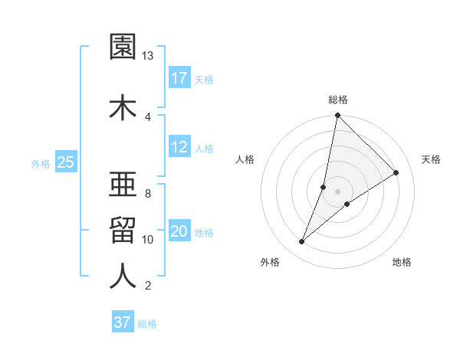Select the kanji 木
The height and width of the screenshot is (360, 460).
point(123,107)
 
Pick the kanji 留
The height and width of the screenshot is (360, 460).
point(123,230)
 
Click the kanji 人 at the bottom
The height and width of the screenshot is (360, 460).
point(123,277)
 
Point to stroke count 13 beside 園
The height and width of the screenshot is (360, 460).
point(148,56)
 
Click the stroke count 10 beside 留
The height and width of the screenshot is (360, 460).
point(148,240)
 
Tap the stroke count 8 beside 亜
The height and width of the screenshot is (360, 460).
point(148,193)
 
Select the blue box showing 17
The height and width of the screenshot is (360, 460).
point(179,78)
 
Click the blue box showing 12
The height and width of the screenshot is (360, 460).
point(179,148)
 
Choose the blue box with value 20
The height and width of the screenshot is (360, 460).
point(179,231)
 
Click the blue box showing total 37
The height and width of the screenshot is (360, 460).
point(123,322)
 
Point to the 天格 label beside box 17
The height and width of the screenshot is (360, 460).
point(204,80)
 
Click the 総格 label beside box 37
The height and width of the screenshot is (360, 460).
point(147,324)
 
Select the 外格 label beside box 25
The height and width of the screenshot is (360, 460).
point(41,163)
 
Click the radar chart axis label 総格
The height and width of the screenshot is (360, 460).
point(338,100)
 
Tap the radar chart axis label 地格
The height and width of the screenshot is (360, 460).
point(402,263)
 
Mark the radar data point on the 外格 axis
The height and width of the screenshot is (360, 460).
point(302,242)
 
